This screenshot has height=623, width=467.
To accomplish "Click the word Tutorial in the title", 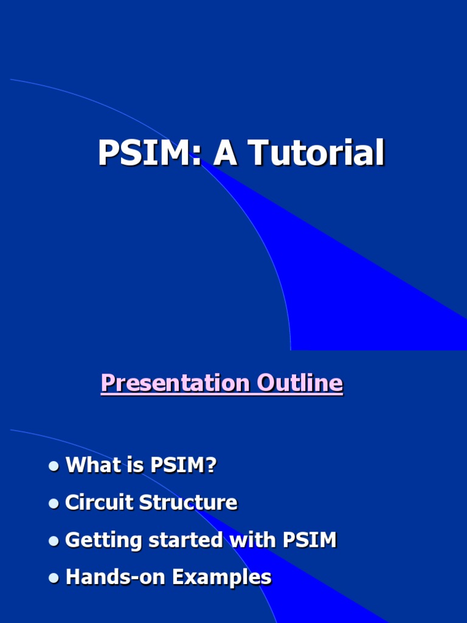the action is [316, 152].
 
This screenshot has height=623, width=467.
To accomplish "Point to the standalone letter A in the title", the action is [225, 152].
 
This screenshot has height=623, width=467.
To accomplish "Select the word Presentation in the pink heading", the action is [175, 383].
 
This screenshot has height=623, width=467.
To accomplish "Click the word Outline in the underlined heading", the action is [299, 383].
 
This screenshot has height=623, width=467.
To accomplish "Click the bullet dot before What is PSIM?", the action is [54, 466].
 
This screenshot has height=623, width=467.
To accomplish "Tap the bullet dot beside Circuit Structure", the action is [54, 503].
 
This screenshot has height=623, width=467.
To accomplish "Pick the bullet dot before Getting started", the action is [54, 541].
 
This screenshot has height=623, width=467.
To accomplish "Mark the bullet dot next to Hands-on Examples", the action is [54, 578].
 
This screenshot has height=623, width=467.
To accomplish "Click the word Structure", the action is [189, 502].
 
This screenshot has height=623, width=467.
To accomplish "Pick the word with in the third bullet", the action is [253, 540].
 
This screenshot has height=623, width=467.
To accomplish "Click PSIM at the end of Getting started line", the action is [310, 540].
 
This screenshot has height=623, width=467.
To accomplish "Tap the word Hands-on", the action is [115, 577].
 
